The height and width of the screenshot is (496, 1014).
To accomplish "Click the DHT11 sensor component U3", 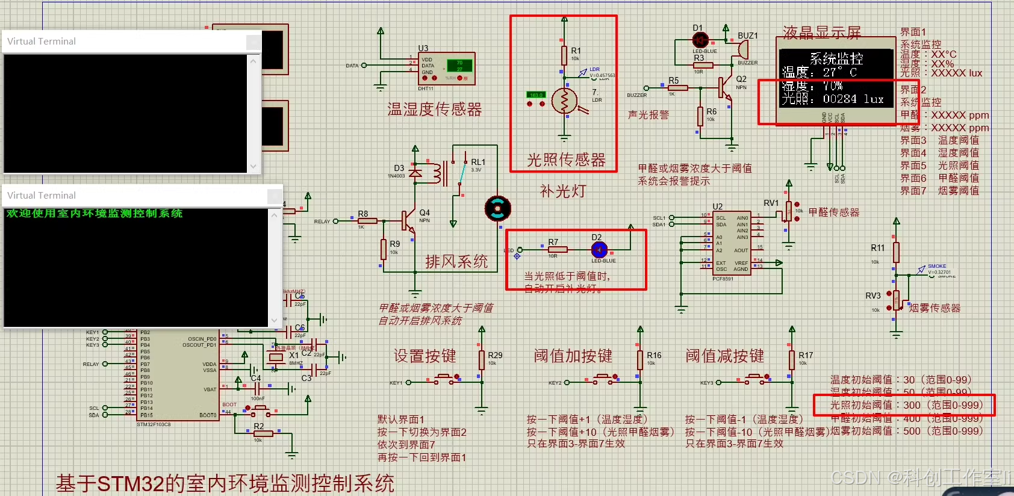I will [x=446, y=69].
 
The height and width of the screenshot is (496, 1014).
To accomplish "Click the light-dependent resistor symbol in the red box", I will [x=564, y=102].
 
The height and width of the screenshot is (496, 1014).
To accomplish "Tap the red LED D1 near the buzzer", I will [x=700, y=40].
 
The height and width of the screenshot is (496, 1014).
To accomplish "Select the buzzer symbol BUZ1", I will [x=743, y=49].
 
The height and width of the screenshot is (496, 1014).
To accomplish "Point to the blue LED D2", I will [x=599, y=249].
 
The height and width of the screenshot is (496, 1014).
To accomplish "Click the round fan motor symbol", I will [x=498, y=209].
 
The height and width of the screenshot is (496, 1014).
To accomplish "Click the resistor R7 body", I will [x=558, y=249].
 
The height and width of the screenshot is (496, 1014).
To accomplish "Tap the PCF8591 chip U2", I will [x=731, y=243].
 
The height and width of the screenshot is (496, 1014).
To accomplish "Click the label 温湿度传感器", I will [x=435, y=110].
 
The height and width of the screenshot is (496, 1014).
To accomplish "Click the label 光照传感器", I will [x=566, y=160].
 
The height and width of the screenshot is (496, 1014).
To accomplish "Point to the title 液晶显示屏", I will [x=821, y=33].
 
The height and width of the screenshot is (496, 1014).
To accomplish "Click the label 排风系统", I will [x=456, y=262].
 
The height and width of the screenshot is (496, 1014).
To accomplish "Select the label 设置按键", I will [x=425, y=356].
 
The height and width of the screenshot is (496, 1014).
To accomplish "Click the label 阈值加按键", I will [x=573, y=356].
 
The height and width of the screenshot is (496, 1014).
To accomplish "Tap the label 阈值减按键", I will [x=724, y=356].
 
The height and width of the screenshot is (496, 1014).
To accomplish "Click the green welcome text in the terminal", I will [x=95, y=214].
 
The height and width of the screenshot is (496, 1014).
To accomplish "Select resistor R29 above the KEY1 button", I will [x=482, y=360].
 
